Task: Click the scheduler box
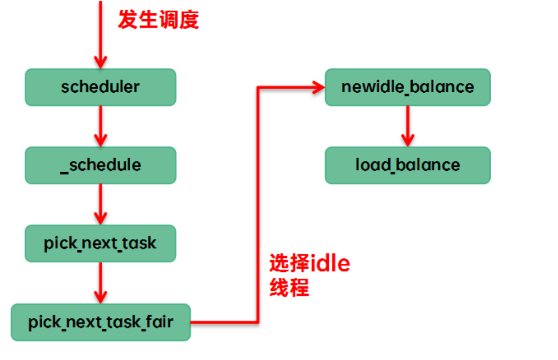(x=100, y=87)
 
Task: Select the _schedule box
(x=100, y=165)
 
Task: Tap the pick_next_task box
(x=100, y=243)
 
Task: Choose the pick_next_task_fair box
(x=100, y=322)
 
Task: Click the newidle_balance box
(x=408, y=87)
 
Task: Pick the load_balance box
(x=408, y=165)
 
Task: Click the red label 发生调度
(x=158, y=19)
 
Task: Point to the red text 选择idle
(x=309, y=264)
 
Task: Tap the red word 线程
(x=289, y=287)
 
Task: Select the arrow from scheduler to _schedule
(x=100, y=126)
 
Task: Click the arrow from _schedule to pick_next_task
(x=100, y=204)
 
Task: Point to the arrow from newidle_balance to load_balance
(x=408, y=126)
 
